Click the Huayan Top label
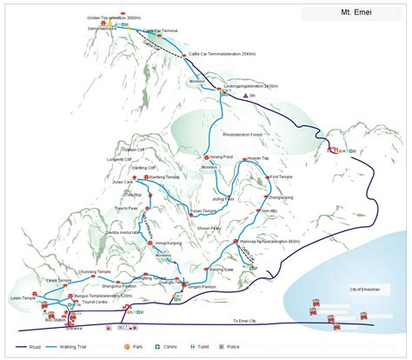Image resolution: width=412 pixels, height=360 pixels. pos(259,157)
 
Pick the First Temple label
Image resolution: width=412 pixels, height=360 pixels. pos(280,177)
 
